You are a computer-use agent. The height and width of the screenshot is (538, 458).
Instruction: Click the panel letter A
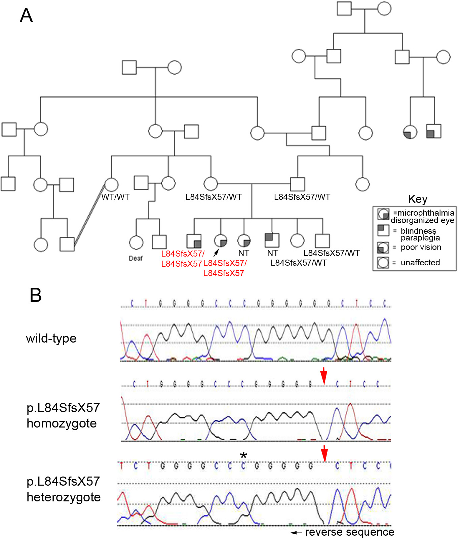tap(26, 15)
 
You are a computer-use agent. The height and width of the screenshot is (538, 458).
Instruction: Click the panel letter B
tap(36, 295)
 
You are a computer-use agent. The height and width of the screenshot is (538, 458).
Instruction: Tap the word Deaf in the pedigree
tap(136, 258)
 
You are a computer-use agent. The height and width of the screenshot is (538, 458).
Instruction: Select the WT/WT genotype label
tap(115, 197)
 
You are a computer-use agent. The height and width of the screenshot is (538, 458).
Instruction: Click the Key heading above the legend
tap(418, 199)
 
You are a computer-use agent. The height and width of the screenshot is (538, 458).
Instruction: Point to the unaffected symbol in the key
tap(383, 263)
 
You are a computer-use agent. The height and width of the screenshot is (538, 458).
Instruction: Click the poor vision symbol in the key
tap(383, 248)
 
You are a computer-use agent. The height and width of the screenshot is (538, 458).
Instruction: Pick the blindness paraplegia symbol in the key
tap(383, 230)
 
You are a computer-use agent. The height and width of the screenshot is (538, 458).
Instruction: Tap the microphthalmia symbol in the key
tap(383, 214)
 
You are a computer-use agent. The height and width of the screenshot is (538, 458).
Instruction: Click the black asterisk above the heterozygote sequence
tap(243, 456)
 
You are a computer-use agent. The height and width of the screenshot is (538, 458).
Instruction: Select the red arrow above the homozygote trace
tap(323, 376)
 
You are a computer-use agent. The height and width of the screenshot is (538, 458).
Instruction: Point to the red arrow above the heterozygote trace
tap(324, 454)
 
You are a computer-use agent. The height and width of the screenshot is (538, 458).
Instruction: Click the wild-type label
tap(51, 339)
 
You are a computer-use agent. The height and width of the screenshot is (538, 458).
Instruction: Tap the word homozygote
tap(62, 423)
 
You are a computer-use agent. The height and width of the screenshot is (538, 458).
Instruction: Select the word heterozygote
tap(64, 497)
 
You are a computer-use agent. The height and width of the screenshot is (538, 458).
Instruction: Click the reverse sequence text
tap(349, 532)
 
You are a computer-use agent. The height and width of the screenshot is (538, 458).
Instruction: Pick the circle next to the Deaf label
tap(136, 242)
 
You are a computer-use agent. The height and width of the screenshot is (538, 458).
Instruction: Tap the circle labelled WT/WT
tap(112, 185)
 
